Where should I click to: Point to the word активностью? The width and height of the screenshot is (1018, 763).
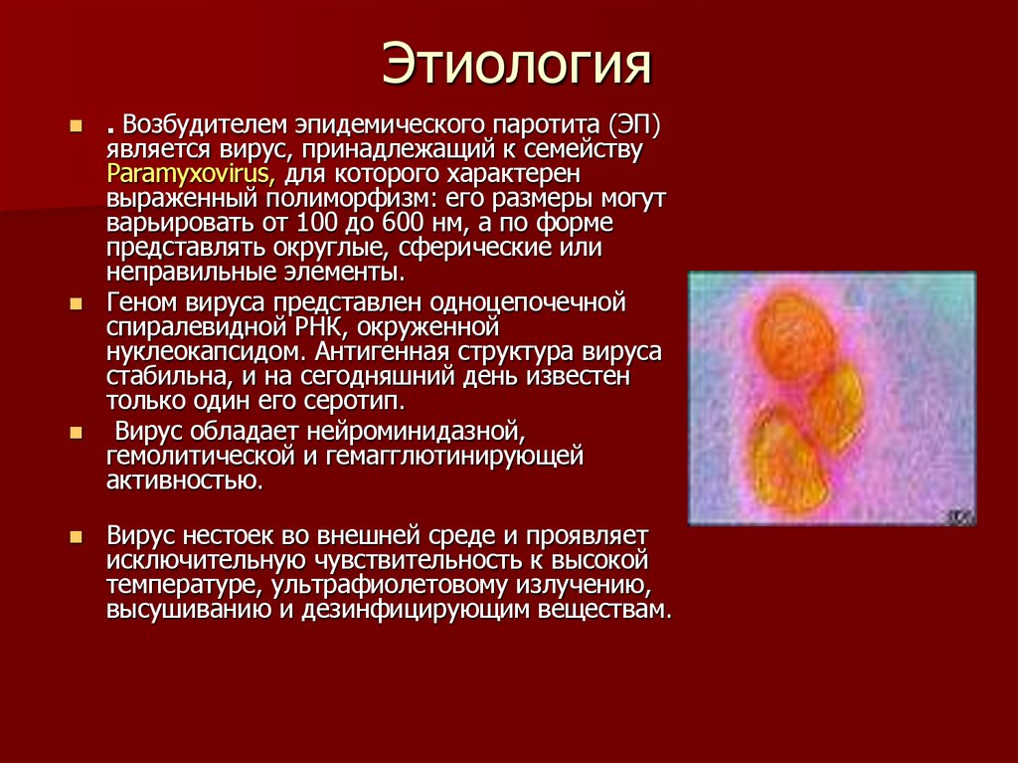click(184, 481)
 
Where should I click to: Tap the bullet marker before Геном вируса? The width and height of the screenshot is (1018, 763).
click(76, 301)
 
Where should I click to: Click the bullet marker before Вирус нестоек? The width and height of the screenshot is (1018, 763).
click(76, 535)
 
